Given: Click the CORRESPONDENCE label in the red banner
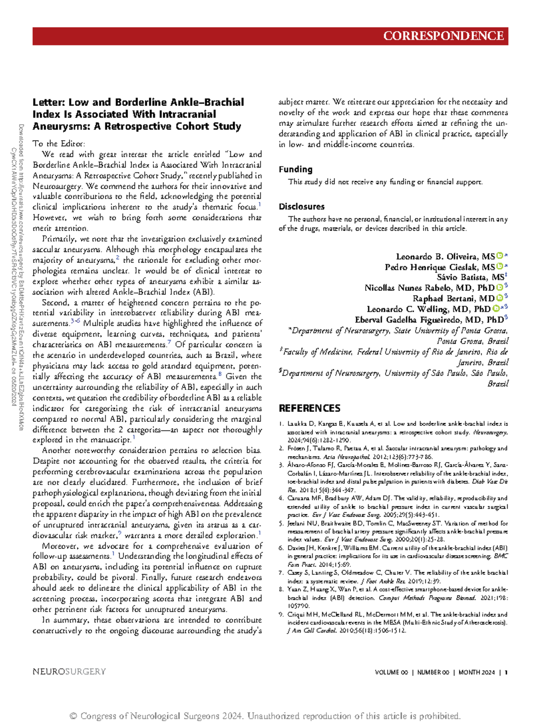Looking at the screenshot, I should tap(443, 36).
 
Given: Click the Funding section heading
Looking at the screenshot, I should tap(295, 169).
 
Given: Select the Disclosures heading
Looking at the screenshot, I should tap(301, 207).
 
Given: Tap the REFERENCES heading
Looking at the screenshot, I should tap(309, 408).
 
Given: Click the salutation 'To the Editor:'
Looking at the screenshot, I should tap(59, 144).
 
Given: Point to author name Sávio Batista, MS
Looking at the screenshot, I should tap(472, 277).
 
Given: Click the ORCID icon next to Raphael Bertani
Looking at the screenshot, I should tap(500, 298).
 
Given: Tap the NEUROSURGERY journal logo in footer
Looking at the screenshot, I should tap(69, 672).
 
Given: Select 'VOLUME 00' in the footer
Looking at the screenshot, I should tap(391, 673).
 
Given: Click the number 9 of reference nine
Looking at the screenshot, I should tap(281, 614).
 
